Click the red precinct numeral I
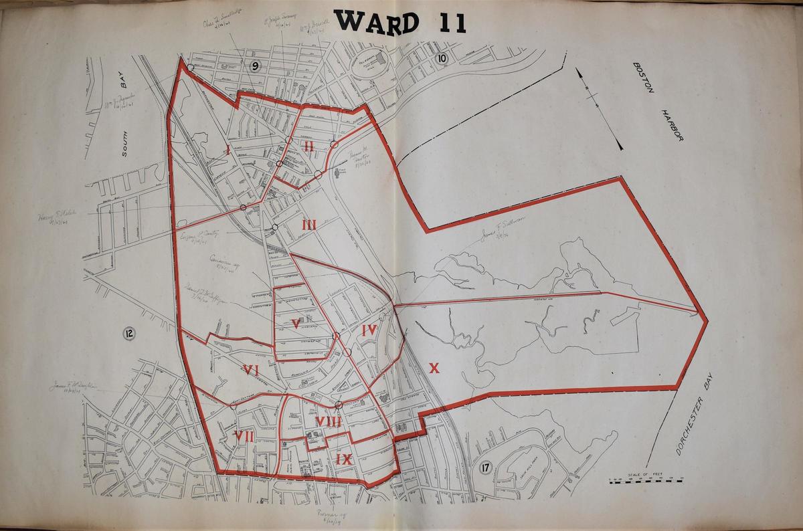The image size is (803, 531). point(228,151)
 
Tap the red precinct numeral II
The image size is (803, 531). point(308,146)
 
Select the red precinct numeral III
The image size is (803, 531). point(308,225)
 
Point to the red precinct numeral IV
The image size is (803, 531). point(370,330)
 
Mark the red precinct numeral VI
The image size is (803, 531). point(252,370)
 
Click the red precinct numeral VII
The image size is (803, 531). point(244,437)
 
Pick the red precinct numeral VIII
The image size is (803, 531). point(329,421)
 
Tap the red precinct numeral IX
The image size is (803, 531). point(344,459)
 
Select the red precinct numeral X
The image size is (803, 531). point(434,368)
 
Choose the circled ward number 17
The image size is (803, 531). point(486,468)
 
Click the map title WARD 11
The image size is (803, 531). point(400,21)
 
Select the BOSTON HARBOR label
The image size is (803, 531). point(657,100)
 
